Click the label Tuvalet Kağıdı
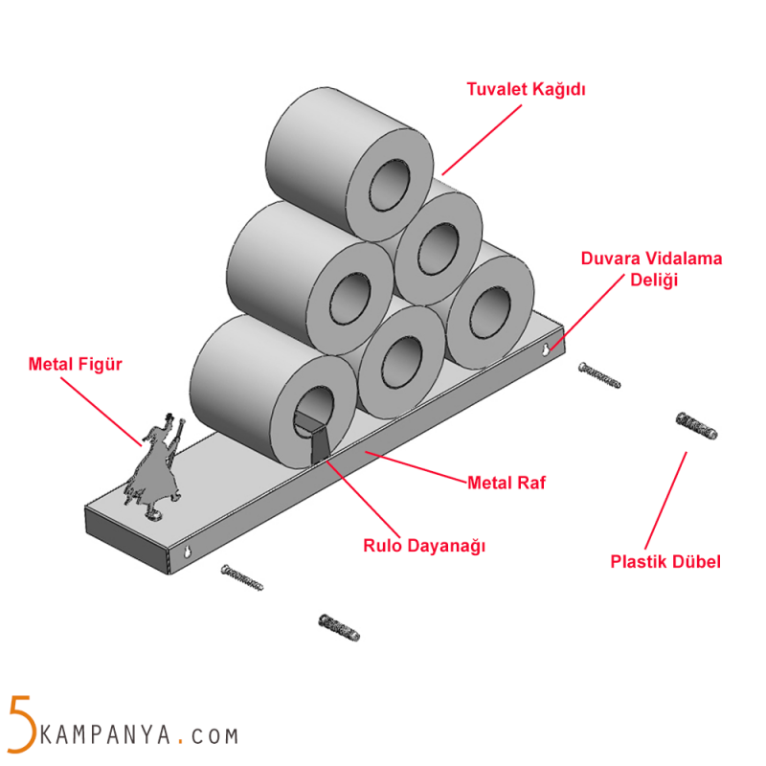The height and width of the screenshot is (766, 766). click(x=526, y=90)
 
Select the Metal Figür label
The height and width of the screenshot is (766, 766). click(x=77, y=364)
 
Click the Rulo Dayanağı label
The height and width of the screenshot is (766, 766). click(x=425, y=547)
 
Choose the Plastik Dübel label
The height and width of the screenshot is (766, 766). click(x=665, y=562)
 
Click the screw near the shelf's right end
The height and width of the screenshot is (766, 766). click(x=599, y=375)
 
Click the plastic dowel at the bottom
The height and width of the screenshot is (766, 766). click(x=339, y=627)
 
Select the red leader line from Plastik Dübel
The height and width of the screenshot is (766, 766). click(x=665, y=498)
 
